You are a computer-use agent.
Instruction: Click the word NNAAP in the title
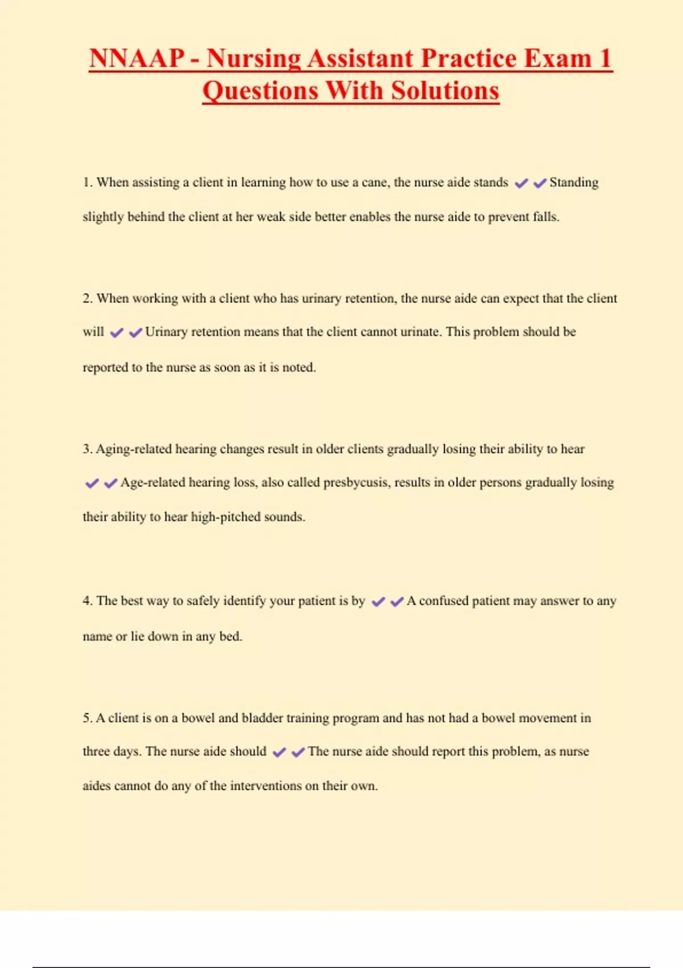tap(137, 59)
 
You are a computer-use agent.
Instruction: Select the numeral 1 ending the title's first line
tap(605, 59)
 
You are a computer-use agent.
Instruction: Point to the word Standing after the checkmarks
tap(574, 183)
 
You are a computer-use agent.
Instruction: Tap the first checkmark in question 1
tap(521, 183)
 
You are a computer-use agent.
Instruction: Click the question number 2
tap(87, 298)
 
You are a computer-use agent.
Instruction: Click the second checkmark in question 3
tap(110, 483)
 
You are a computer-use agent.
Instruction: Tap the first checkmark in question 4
tap(378, 602)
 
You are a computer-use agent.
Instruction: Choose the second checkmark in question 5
tap(298, 752)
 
